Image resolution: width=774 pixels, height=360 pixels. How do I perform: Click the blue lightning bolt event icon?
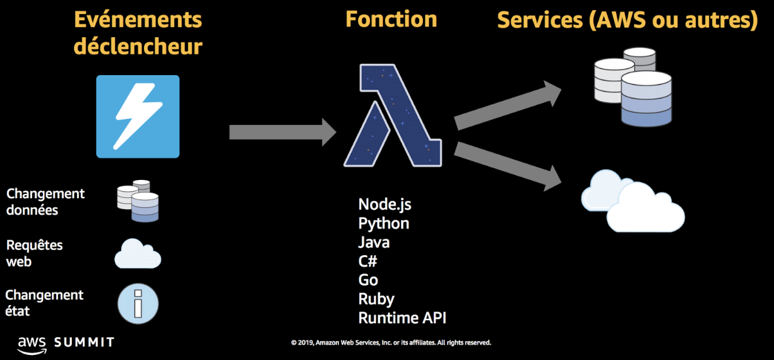[x=138, y=116]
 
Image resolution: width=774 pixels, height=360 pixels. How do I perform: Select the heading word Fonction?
[x=391, y=19]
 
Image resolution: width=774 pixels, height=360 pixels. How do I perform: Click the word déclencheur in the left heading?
[x=138, y=46]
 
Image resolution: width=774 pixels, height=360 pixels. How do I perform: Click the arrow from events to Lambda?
[x=282, y=131]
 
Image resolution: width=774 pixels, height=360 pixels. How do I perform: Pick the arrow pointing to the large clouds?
[x=508, y=165]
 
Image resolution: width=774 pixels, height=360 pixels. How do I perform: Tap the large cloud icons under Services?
[x=633, y=200]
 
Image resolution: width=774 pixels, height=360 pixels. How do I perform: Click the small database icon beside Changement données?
[x=138, y=201]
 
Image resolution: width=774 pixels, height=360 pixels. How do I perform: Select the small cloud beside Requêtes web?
[x=138, y=254]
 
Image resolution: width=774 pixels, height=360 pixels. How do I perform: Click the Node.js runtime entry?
[x=384, y=204]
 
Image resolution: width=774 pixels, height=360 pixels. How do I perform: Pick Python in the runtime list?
[x=383, y=223]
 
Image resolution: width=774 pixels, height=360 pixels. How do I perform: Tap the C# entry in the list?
[x=367, y=261]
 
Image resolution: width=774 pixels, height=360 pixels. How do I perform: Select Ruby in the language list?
[x=376, y=299]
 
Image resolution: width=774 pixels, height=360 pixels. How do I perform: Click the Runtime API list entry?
[x=402, y=318]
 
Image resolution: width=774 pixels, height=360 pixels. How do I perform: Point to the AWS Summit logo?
[x=66, y=343]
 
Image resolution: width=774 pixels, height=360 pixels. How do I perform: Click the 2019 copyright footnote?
[x=391, y=343]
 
